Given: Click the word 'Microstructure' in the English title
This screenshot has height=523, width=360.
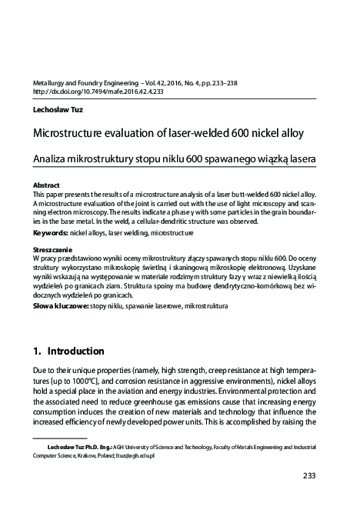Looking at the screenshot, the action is pyautogui.click(x=64, y=132).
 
